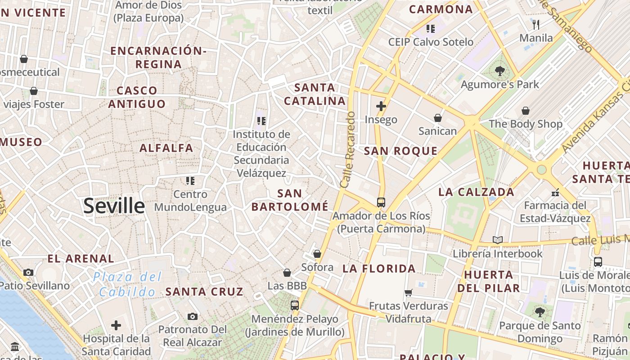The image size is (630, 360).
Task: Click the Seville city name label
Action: (x=114, y=206)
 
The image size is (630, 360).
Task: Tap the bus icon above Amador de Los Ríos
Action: (x=381, y=202)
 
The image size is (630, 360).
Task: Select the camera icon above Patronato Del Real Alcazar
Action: (x=193, y=316)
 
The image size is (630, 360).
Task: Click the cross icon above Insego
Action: (x=381, y=106)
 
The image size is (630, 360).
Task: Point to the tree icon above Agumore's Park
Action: (x=499, y=71)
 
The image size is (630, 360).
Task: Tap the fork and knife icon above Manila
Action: (x=535, y=24)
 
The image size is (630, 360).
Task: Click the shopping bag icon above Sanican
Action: (x=437, y=118)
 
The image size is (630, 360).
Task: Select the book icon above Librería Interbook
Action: (x=497, y=240)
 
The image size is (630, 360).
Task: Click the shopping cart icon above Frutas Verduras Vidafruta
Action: (x=409, y=292)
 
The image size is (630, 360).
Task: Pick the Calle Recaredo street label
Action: (x=348, y=149)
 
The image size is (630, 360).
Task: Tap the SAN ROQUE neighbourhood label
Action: (x=400, y=151)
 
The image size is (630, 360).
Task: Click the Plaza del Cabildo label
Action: (x=127, y=284)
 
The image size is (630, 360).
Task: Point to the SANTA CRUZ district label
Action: (x=204, y=292)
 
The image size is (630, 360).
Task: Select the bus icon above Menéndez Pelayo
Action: (x=294, y=306)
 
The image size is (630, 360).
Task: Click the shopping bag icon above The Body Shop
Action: (x=525, y=111)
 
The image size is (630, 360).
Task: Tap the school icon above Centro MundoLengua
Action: (x=190, y=181)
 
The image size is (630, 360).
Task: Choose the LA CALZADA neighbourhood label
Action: (x=476, y=192)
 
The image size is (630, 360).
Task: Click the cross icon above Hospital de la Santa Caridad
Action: (x=116, y=325)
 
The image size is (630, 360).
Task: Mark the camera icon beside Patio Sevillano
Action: (x=28, y=272)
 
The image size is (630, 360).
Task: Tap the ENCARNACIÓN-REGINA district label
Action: (x=158, y=57)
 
